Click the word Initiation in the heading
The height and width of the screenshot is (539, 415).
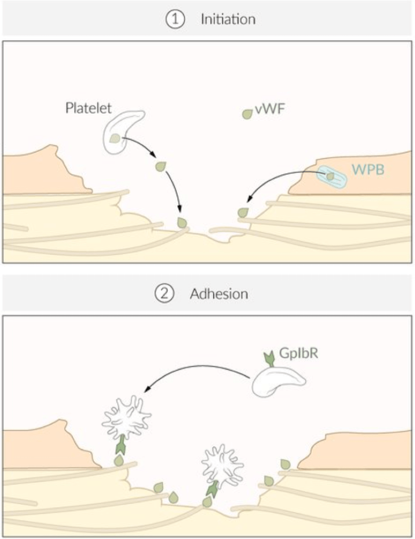[x=228, y=19]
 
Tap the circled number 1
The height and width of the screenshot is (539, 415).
[x=175, y=19]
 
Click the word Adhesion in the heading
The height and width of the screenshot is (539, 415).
[x=219, y=294]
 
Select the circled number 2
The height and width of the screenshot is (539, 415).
[x=164, y=294]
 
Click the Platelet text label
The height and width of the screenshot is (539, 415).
[x=88, y=108]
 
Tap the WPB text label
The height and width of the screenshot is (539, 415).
[x=368, y=169]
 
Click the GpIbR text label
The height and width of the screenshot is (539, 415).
[x=298, y=353]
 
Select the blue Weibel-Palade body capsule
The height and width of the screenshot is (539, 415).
[x=332, y=177]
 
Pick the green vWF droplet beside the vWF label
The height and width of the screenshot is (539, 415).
[x=247, y=114]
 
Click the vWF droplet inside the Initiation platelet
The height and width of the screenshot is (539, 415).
[x=115, y=138]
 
